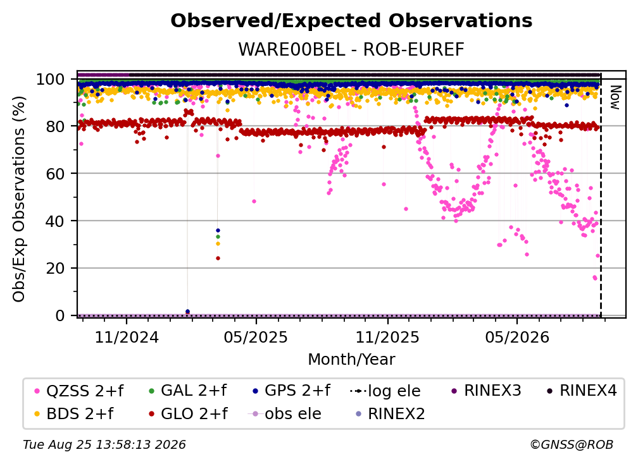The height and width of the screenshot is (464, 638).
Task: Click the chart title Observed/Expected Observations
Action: [x=351, y=21]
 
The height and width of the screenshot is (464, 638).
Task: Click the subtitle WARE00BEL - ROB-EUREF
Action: [x=351, y=49]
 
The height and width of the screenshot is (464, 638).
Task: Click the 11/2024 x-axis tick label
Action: [x=127, y=337]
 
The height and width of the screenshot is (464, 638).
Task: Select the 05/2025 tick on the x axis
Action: [x=256, y=337]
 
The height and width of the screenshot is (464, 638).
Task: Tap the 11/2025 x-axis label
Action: [x=387, y=337]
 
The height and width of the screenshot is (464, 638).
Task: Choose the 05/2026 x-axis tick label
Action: [x=517, y=337]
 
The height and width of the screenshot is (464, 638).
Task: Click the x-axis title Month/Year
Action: [x=351, y=359]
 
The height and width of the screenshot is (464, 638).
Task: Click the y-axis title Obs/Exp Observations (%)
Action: [x=19, y=199]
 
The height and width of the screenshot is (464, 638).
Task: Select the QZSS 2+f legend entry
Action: [x=79, y=391]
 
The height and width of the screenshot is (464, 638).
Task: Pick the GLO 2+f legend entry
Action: [x=189, y=414]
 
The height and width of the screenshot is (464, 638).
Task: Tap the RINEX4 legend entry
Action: [x=582, y=391]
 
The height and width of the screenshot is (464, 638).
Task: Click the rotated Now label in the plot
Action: [x=615, y=97]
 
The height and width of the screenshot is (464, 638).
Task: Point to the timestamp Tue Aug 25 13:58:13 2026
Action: [x=104, y=445]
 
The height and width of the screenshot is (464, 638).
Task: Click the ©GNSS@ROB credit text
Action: [x=572, y=445]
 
